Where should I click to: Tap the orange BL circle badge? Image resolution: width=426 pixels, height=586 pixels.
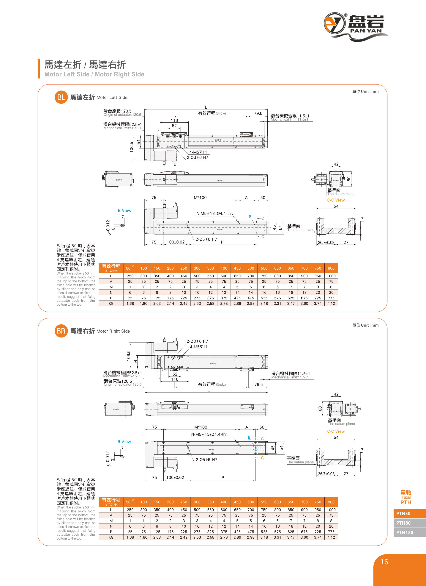(x=61, y=97)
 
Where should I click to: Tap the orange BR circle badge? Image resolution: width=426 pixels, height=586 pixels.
(x=61, y=331)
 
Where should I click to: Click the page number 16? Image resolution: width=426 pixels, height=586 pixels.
(x=384, y=562)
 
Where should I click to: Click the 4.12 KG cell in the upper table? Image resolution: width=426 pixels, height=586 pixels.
(x=331, y=304)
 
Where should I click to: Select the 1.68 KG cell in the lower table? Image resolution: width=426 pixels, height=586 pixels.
(x=130, y=537)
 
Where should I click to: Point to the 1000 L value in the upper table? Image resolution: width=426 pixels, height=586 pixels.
(x=331, y=276)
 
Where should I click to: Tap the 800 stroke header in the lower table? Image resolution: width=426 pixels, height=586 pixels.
(x=331, y=502)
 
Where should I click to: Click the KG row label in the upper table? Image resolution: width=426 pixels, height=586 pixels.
(x=111, y=304)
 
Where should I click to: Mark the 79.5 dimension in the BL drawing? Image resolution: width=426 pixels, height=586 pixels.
(x=258, y=113)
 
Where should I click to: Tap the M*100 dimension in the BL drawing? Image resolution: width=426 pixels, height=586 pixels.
(x=200, y=198)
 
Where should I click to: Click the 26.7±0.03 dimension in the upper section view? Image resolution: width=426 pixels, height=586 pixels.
(x=326, y=243)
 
